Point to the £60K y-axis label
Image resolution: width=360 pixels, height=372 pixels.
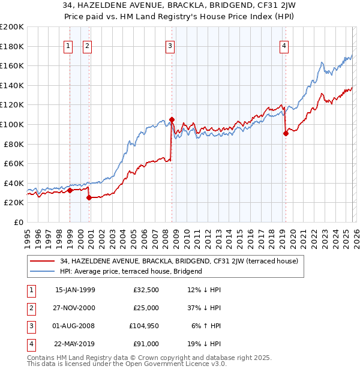[14, 163]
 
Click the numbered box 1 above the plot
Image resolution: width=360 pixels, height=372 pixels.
[68, 46]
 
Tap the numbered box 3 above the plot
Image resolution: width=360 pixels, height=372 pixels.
[170, 46]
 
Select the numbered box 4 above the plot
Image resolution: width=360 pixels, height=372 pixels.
[283, 46]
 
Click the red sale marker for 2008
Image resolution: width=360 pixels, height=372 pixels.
[172, 119]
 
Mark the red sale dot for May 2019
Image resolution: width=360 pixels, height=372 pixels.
[286, 133]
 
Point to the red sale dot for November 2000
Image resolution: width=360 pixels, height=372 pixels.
[89, 197]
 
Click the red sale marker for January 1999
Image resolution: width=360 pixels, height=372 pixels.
[70, 190]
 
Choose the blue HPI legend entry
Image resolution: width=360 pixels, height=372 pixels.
[131, 271]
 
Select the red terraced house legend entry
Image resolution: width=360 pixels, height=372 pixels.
[174, 261]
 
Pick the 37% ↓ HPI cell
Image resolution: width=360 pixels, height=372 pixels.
[204, 308]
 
